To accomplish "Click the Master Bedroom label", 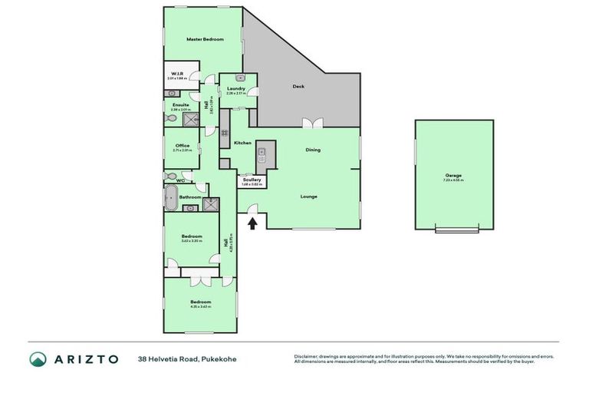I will (x=205, y=38).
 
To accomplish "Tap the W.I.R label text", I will (x=176, y=74).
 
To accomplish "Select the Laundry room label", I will (x=236, y=89).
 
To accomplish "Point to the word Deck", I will (x=298, y=86).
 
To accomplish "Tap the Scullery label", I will (x=252, y=180).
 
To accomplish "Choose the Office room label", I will (x=182, y=145).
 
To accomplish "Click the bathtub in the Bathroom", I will (x=171, y=197).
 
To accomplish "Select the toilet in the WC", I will (x=171, y=176).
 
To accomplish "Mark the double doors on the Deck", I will (x=309, y=123).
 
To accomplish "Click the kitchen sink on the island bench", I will (x=262, y=151).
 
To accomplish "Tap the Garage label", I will (x=453, y=176).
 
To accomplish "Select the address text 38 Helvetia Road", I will (x=169, y=359).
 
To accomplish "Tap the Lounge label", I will (x=308, y=196).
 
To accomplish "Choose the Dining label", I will (x=313, y=150).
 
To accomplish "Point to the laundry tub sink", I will (x=240, y=78).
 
